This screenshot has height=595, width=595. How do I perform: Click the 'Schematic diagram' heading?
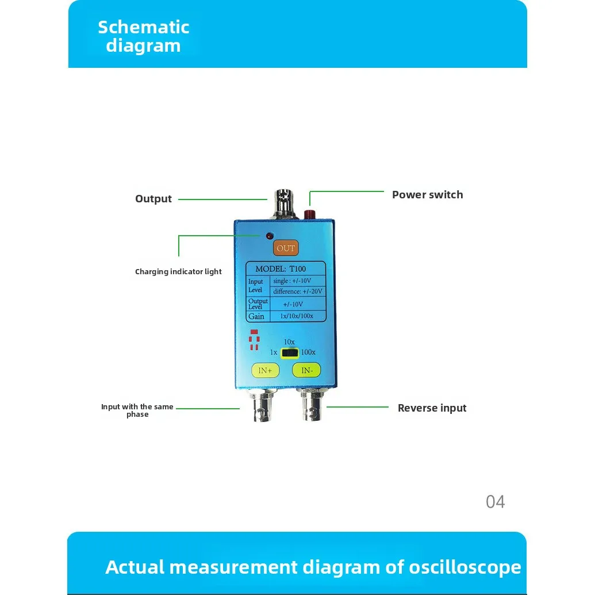tap(143, 36)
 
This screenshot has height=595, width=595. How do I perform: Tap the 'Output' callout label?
tap(153, 199)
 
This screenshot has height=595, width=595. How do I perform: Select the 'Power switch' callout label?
tap(427, 195)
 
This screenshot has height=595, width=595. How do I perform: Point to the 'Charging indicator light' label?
tap(178, 272)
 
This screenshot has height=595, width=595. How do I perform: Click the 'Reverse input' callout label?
tap(432, 408)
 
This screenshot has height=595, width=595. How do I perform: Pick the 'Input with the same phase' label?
tap(137, 410)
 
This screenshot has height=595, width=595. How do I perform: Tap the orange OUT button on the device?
tap(286, 248)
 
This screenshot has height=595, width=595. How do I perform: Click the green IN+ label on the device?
tap(265, 371)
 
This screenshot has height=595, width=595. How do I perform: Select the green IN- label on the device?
tap(306, 371)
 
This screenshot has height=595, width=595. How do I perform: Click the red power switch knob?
tap(309, 214)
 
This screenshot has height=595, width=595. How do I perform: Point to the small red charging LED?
tap(269, 236)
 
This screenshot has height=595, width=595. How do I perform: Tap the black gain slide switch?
tap(290, 352)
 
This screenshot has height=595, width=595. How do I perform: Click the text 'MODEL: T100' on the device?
tap(281, 269)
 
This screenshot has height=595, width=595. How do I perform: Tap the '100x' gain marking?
tap(308, 352)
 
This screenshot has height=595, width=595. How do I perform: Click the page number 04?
tap(495, 502)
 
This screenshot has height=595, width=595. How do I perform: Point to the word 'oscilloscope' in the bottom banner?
tap(465, 567)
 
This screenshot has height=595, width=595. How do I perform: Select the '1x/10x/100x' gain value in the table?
tap(297, 316)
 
